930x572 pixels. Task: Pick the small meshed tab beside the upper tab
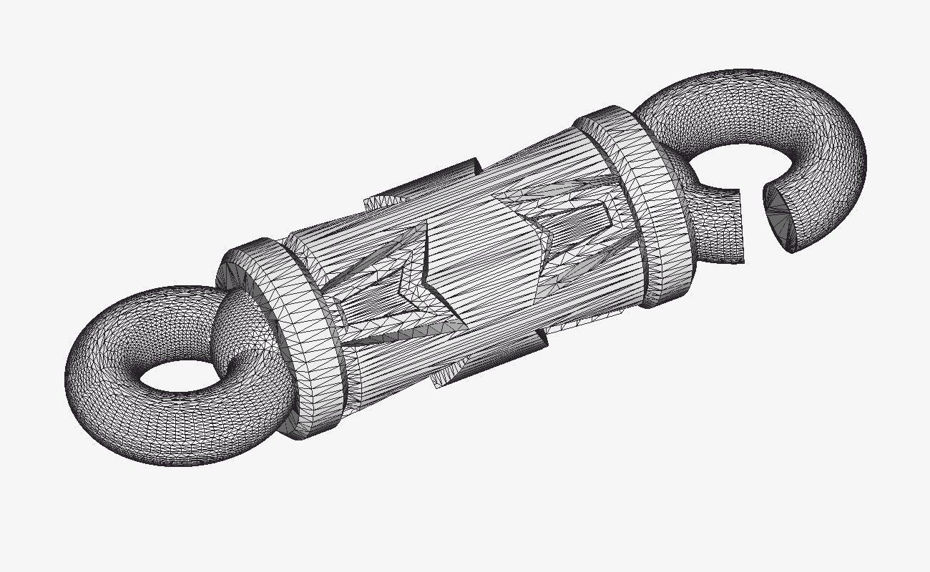tap(379, 202)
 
